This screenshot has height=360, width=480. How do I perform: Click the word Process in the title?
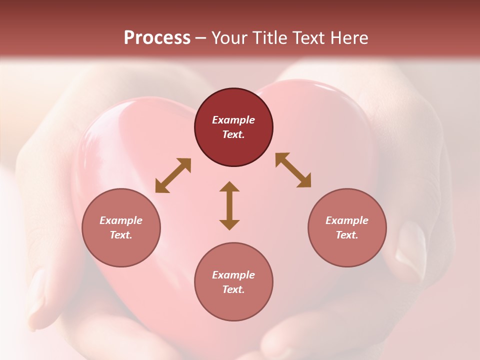[x=157, y=38]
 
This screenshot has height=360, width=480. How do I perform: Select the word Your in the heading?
[x=229, y=38]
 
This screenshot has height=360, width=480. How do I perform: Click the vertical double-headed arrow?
[x=229, y=206]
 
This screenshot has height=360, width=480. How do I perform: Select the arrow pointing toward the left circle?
[x=173, y=175]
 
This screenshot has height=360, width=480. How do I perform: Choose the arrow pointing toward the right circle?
[x=293, y=170]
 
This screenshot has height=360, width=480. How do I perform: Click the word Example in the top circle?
[x=233, y=120]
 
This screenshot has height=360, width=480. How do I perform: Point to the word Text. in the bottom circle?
[x=233, y=289]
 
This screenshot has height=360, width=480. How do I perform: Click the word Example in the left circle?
[x=121, y=220]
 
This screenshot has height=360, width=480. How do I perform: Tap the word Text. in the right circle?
[x=347, y=235]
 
